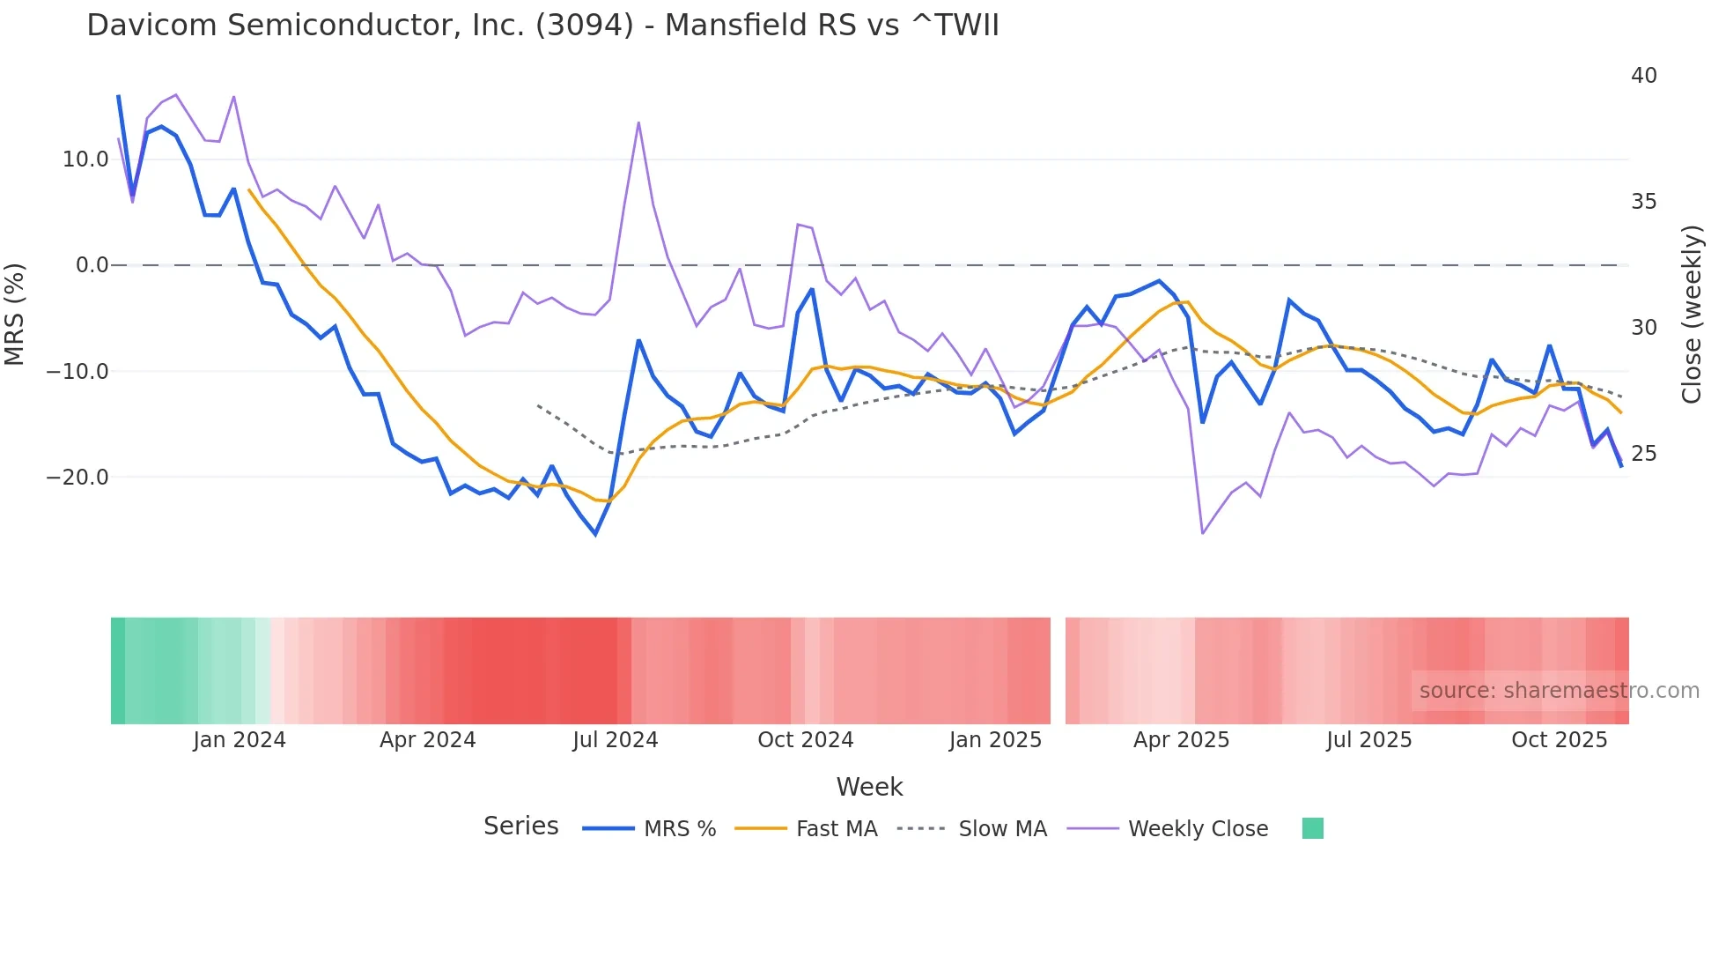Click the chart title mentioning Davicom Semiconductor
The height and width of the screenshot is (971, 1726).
542,26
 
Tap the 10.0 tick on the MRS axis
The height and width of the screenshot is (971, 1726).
85,159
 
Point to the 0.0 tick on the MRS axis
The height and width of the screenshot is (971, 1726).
92,265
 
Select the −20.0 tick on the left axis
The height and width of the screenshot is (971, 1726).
77,478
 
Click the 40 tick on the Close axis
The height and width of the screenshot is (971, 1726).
1643,76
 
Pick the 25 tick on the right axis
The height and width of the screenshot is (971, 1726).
1643,454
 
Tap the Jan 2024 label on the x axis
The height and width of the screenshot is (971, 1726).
240,740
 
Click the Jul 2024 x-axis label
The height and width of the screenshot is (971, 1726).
615,740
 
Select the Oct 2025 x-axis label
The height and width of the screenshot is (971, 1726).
1559,740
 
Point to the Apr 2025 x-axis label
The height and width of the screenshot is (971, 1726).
1181,740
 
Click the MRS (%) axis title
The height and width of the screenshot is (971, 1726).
15,315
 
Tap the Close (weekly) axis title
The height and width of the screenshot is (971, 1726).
1691,315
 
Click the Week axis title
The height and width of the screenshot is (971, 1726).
869,787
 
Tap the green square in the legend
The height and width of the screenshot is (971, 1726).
1312,828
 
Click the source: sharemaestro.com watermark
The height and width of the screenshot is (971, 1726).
1559,691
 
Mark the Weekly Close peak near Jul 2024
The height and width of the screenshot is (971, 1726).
638,122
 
